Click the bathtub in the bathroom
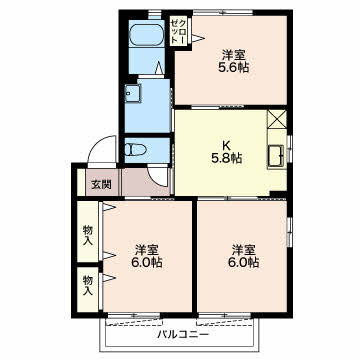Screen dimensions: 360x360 [146, 35]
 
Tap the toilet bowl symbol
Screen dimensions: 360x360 [135, 150]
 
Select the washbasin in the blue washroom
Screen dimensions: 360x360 [133, 93]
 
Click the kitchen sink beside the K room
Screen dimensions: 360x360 [276, 156]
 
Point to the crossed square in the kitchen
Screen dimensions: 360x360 [277, 120]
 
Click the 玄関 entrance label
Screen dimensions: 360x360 [101, 184]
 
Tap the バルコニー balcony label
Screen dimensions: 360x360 [183, 334]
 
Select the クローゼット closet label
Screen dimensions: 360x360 [178, 32]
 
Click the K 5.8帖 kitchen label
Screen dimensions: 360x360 [227, 151]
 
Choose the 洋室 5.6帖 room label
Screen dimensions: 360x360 [234, 61]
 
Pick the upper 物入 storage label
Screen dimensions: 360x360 [88, 235]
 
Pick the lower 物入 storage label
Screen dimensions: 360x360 [87, 285]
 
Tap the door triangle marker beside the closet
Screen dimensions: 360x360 [197, 38]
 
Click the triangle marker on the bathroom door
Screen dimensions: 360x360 [160, 68]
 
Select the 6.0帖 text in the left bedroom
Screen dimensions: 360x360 [147, 263]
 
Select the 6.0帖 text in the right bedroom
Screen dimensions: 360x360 [243, 263]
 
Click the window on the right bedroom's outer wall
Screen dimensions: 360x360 [289, 231]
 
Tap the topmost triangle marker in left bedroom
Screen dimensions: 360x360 [109, 207]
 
